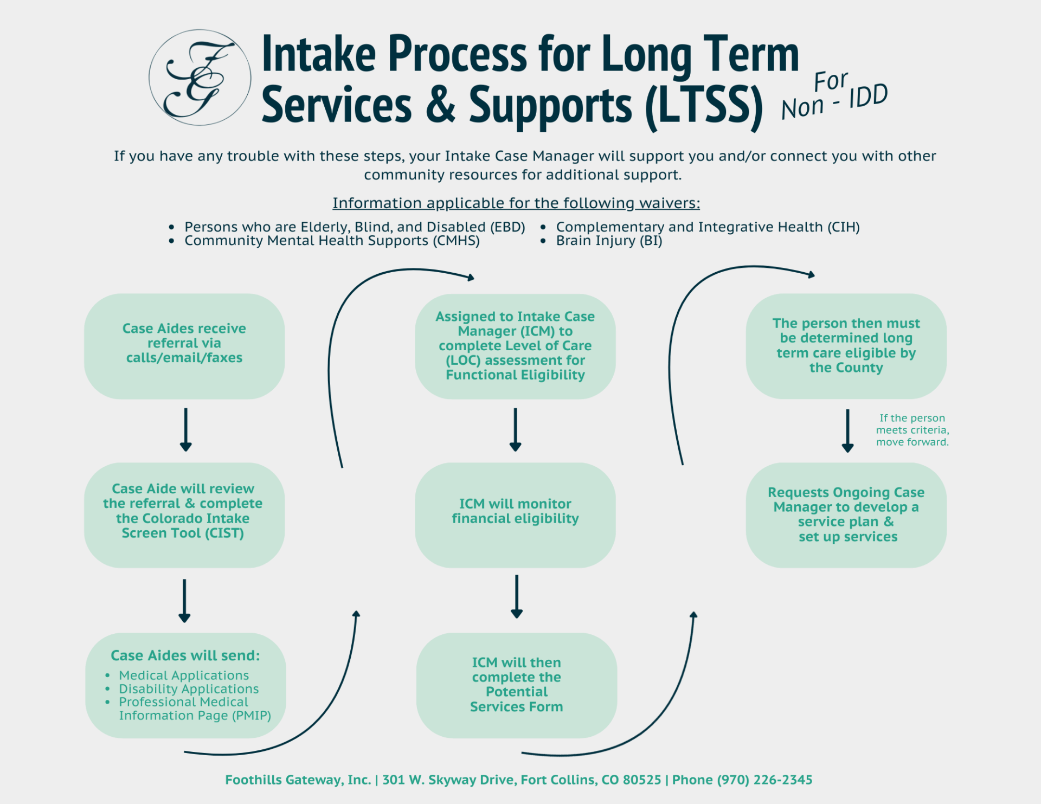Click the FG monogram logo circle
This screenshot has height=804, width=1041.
(x=200, y=78)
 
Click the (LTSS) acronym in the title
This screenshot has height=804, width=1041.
(x=704, y=106)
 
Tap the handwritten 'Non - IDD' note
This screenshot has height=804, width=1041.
(x=834, y=97)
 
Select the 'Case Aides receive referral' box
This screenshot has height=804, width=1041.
(x=184, y=346)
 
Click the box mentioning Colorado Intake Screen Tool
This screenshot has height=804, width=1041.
(x=184, y=514)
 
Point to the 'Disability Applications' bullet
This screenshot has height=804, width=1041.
(x=189, y=689)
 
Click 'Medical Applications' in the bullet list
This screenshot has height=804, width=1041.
(x=184, y=675)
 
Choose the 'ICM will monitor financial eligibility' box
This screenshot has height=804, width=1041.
(x=515, y=514)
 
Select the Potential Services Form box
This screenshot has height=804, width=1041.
(x=516, y=684)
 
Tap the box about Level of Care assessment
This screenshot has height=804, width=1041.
(x=515, y=346)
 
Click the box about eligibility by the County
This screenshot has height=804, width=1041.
(x=846, y=346)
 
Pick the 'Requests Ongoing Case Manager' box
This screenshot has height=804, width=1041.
(x=846, y=514)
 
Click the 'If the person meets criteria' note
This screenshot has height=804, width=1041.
(x=912, y=430)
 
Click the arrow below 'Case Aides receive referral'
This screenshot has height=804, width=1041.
(x=185, y=430)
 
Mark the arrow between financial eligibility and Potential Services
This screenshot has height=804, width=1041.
(x=516, y=596)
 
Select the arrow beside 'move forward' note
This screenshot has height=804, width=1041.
(x=847, y=431)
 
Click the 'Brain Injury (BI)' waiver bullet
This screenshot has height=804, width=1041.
(x=608, y=241)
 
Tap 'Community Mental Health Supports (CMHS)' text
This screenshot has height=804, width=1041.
(x=332, y=241)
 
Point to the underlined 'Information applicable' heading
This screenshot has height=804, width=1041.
(x=516, y=203)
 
